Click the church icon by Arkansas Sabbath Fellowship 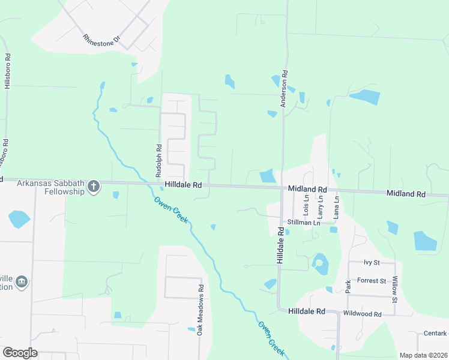pos(93,187)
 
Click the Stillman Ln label pos(304,223)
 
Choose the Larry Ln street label pos(321,206)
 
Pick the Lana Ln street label pos(336,206)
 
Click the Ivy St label pos(372,263)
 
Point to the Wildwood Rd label pos(362,314)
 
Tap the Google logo pos(20,353)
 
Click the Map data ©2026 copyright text pos(423,355)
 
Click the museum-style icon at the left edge pos(22,281)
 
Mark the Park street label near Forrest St pos(348,286)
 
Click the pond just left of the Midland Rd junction pos(267,176)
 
